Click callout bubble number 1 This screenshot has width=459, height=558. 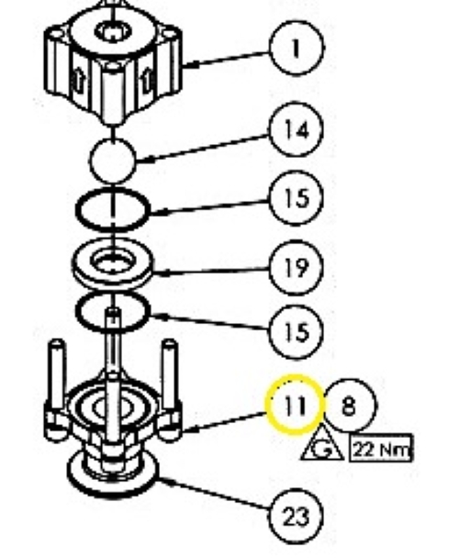297,48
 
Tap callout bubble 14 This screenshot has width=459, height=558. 297,129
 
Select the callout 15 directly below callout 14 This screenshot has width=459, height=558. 297,198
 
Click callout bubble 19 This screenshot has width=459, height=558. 297,267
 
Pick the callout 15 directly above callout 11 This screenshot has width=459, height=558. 297,332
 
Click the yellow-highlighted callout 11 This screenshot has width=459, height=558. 295,405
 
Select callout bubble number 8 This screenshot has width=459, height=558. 350,406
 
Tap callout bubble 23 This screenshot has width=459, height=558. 297,517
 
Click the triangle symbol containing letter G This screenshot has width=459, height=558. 322,446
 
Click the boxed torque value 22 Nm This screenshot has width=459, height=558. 381,449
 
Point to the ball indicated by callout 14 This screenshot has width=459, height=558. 113,161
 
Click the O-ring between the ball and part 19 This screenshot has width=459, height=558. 113,209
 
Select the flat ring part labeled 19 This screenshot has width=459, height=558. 113,262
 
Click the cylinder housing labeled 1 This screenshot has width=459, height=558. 113,62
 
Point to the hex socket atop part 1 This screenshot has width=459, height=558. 113,31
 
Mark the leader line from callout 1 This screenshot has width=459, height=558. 227,59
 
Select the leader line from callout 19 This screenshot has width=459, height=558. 211,271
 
